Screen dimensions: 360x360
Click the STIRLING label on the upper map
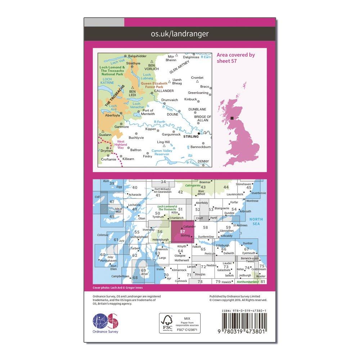[190, 136]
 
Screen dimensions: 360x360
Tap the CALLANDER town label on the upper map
[161, 91]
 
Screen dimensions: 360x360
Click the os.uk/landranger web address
[180, 34]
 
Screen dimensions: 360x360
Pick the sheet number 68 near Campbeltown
[135, 278]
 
